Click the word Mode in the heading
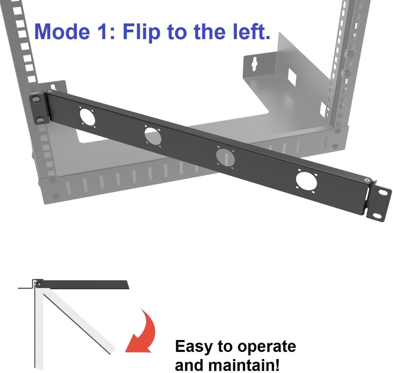63,31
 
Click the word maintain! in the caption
244,365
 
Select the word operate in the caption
267,346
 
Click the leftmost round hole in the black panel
87,117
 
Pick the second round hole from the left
152,135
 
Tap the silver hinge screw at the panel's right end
366,180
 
